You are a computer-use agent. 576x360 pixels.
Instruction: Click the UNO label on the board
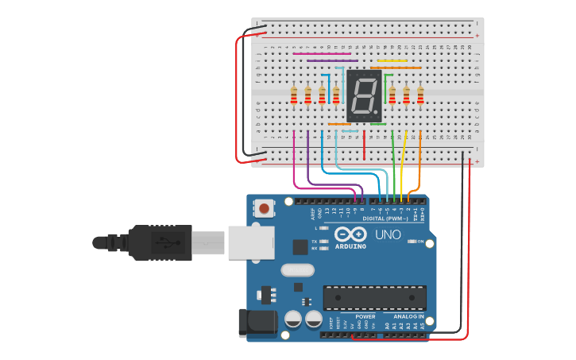tap(388, 235)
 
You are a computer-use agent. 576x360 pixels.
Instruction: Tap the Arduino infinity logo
tap(350, 234)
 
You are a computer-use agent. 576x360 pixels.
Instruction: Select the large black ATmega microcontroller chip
tap(374, 298)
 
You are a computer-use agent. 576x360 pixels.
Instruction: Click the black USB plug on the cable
tap(159, 242)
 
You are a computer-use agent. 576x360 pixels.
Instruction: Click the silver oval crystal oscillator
tap(298, 270)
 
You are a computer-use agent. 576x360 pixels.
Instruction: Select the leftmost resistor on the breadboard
tap(294, 95)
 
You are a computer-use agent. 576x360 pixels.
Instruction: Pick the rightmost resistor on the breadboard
tap(420, 95)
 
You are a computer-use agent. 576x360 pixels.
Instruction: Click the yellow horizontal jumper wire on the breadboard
tap(392, 60)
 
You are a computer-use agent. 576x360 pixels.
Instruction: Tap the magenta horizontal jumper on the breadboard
tap(322, 54)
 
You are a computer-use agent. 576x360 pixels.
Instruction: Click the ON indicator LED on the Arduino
tap(411, 241)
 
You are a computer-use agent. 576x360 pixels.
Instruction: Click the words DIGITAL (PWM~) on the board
tap(384, 218)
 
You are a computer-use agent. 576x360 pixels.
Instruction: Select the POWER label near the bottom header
tap(365, 316)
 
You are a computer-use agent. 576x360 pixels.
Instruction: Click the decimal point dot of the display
tap(377, 111)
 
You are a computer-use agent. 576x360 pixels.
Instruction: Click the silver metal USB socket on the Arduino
tap(250, 242)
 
